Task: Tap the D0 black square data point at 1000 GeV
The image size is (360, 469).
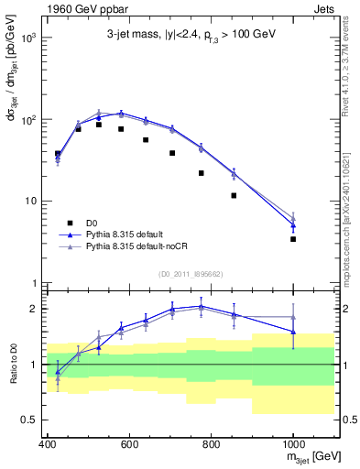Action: point(293,239)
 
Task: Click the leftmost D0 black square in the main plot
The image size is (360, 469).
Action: point(58,154)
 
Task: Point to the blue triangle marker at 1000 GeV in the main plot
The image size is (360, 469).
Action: point(293,225)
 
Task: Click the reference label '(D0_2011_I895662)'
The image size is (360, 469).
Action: point(190,274)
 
